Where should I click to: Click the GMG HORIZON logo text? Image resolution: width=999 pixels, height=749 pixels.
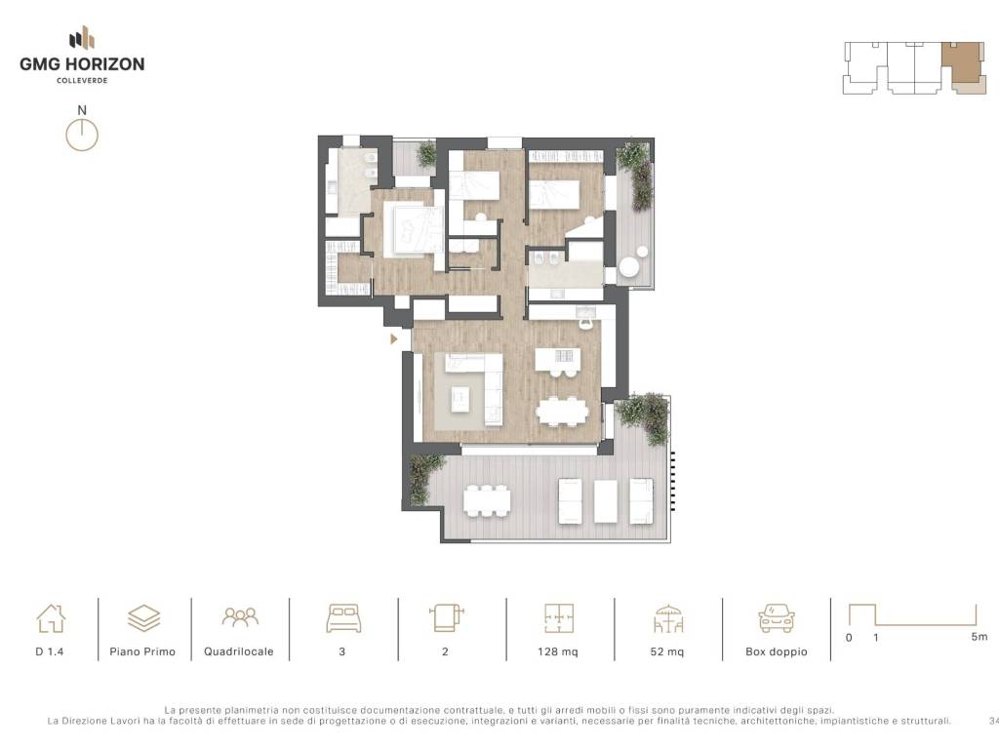pos(82,63)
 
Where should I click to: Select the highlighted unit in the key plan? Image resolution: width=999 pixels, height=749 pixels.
pos(963,63)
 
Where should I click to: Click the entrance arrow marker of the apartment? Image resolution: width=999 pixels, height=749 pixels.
pos(394,338)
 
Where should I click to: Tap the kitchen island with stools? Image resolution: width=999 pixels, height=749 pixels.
pos(557,360)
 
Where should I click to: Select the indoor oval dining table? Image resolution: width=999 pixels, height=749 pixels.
pos(562,411)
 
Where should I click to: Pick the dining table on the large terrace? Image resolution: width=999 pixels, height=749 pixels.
pos(487,500)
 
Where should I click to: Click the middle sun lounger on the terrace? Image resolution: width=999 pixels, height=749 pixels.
pos(605,501)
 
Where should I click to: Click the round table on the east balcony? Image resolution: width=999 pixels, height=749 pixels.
pos(630,267)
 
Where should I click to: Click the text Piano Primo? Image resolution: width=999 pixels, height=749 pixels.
pos(142,651)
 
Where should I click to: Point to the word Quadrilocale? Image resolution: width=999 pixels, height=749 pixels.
pos(239,651)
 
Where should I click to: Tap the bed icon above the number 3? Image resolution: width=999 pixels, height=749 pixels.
pos(343,617)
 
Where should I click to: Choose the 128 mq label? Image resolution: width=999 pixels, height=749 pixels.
pos(557,651)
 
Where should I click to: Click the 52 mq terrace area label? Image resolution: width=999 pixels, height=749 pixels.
pos(667,651)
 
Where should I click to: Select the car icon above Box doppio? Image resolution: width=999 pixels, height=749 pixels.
pos(776,617)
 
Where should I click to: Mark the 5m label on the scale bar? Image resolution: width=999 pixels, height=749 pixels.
pos(979,636)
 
